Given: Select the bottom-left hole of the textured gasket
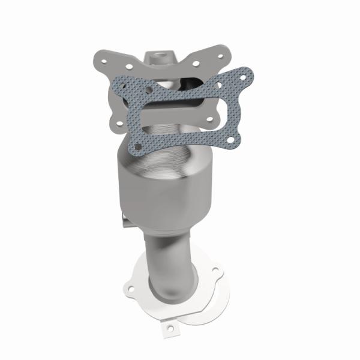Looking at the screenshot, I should click(x=139, y=146).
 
